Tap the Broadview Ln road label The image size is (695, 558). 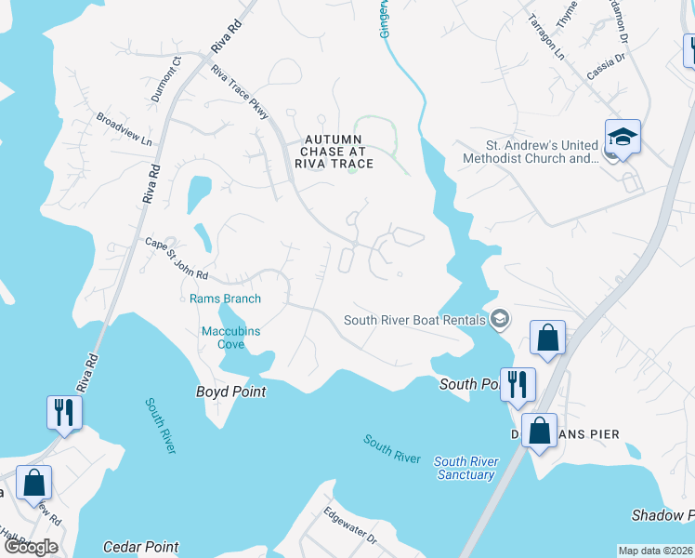click(x=124, y=130)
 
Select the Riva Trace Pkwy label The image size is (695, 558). click(x=240, y=93)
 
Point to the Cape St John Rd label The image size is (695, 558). click(x=177, y=259)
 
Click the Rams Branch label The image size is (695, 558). click(x=225, y=299)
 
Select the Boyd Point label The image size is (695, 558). click(x=230, y=392)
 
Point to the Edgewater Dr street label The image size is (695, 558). click(x=349, y=525)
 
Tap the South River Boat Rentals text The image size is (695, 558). click(x=415, y=320)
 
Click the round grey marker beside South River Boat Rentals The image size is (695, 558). click(x=501, y=320)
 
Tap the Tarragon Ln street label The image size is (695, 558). click(x=546, y=37)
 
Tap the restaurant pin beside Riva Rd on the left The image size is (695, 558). click(x=63, y=412)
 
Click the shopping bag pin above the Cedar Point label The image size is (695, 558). click(x=34, y=484)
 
